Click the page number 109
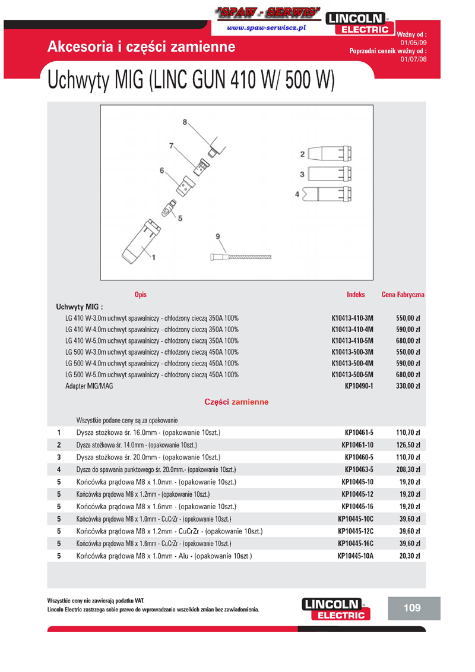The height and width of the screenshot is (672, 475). (x=411, y=608)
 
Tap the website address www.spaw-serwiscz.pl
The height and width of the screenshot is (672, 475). (x=266, y=27)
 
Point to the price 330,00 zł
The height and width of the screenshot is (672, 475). (x=408, y=386)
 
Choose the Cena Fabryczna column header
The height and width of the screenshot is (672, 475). (x=403, y=295)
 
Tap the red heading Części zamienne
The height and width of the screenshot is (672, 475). (x=236, y=402)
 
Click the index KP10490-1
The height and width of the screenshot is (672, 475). (x=359, y=386)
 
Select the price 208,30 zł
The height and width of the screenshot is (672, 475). (x=408, y=469)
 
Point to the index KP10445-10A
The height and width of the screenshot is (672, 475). (x=355, y=556)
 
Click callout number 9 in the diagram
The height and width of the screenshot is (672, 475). (x=217, y=236)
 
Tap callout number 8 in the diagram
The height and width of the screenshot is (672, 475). (x=185, y=122)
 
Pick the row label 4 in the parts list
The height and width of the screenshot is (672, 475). (x=59, y=469)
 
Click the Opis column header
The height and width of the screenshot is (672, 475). (x=141, y=295)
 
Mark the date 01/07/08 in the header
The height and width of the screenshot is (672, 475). (x=413, y=59)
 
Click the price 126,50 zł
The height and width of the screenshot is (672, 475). (x=408, y=445)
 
